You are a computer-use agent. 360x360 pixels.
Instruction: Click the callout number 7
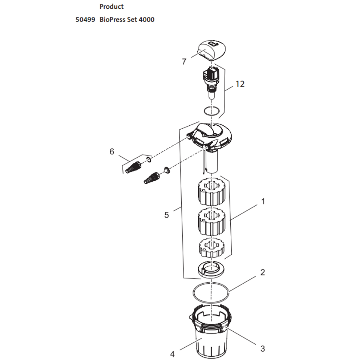(184, 62)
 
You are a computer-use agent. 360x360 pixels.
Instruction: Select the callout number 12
(240, 84)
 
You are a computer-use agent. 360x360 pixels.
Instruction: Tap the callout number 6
(112, 151)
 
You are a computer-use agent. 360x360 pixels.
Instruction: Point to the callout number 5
(166, 215)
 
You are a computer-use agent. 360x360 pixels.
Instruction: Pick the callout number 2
(263, 272)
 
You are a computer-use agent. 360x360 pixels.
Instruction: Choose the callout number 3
(263, 349)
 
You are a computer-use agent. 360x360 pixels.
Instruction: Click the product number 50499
(85, 19)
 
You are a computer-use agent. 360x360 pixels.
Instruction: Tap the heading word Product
(112, 7)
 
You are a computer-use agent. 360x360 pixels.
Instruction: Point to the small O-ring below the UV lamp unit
(211, 111)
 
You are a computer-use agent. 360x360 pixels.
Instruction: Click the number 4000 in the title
(146, 19)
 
